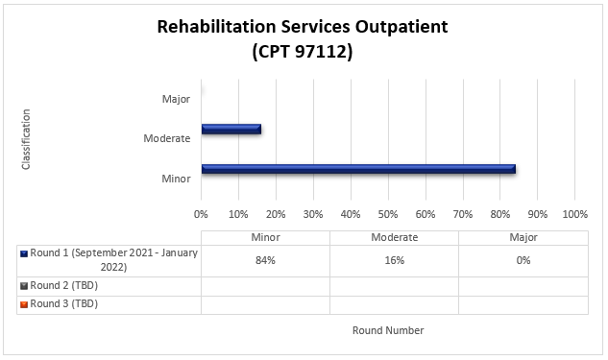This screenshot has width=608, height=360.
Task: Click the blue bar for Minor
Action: pyautogui.click(x=358, y=169)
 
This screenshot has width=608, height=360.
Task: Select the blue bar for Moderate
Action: pyautogui.click(x=231, y=129)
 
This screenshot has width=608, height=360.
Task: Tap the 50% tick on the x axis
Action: pyautogui.click(x=387, y=213)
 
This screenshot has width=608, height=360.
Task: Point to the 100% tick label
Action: pyautogui.click(x=573, y=213)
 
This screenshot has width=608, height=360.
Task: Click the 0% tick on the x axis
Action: pyautogui.click(x=201, y=213)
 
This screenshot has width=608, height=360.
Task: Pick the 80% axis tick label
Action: pyautogui.click(x=499, y=213)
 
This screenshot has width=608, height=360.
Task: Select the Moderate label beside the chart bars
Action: pyautogui.click(x=166, y=138)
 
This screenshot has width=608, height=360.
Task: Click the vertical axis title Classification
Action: pyautogui.click(x=26, y=139)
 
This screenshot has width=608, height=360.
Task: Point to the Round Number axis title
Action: pyautogui.click(x=387, y=330)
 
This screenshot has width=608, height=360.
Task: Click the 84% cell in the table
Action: pyautogui.click(x=265, y=260)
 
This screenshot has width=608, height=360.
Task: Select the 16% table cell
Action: pyautogui.click(x=394, y=260)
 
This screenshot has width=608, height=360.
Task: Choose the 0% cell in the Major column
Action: pyautogui.click(x=523, y=260)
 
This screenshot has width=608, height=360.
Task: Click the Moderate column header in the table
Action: pyautogui.click(x=394, y=237)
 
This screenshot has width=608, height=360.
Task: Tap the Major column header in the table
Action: pyautogui.click(x=523, y=237)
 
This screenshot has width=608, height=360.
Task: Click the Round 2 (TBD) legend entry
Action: pyautogui.click(x=63, y=285)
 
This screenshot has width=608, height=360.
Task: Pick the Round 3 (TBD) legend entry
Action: pyautogui.click(x=63, y=303)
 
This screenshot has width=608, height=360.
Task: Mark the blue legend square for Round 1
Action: pyautogui.click(x=24, y=253)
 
